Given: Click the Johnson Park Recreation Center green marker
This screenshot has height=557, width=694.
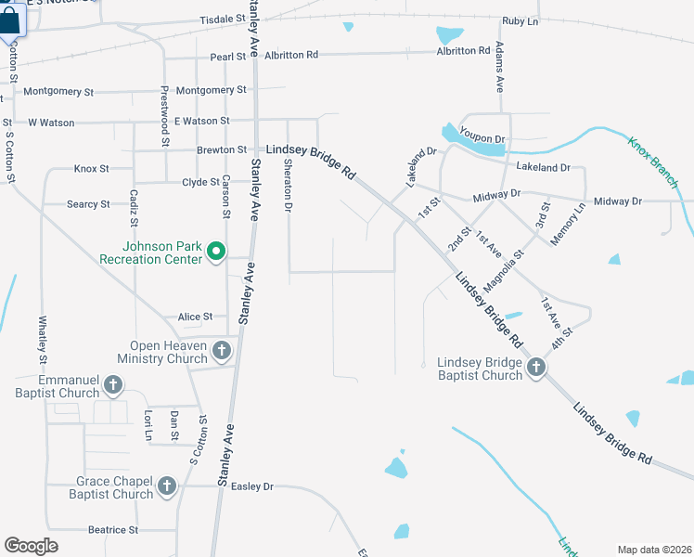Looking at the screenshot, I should point(216,252).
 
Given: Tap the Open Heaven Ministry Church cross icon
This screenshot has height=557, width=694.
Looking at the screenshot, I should point(221,351).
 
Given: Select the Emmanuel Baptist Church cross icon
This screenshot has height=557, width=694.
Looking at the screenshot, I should point(113,384).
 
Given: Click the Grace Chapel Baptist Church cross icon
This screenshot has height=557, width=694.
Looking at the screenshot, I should point(167,486).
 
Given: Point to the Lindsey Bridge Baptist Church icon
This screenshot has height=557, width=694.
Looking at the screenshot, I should point(536,369).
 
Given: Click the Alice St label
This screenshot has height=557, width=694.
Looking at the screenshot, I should point(195,317).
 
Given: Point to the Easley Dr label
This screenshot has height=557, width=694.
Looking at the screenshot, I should point(252,486).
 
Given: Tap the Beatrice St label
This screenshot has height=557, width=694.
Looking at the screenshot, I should point(112,530).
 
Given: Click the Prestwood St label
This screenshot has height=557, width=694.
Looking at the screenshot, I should point(164,116).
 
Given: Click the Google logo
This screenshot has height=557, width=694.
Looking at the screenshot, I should point(31,546).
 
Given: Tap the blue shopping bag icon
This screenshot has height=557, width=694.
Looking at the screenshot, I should point(11,19).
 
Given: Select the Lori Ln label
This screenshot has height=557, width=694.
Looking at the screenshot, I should point(147,424).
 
